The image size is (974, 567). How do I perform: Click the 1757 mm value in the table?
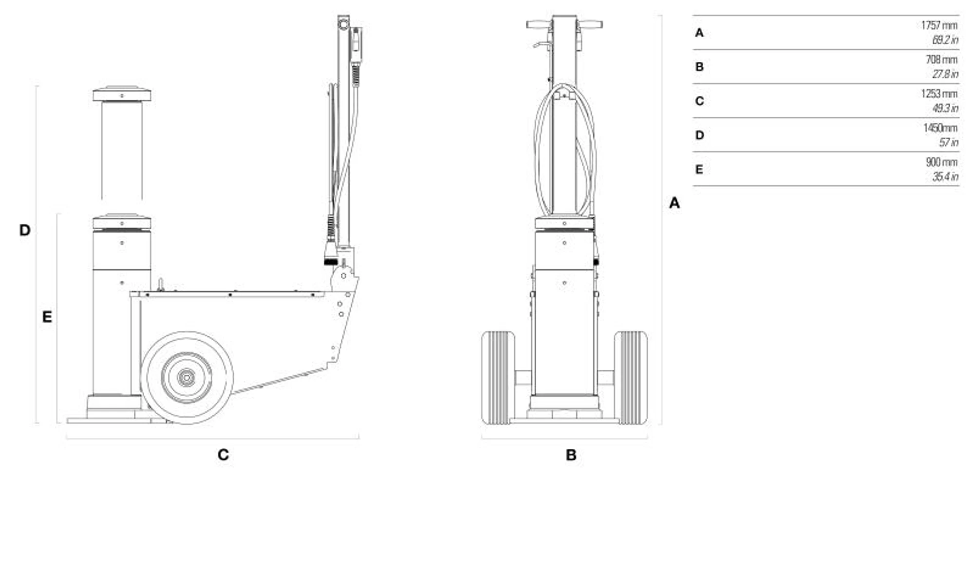938,25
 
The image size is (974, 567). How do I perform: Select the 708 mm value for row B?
941,60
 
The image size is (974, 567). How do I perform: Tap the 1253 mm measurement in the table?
938,94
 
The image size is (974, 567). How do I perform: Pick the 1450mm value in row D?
940,128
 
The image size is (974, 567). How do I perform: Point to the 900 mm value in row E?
941,162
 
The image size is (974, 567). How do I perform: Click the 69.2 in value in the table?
945,40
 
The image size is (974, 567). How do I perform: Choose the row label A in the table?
699,33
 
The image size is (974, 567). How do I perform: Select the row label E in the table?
699,170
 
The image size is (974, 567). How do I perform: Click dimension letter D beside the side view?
25,230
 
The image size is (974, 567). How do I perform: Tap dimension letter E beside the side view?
47,317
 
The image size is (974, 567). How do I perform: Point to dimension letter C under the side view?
223,455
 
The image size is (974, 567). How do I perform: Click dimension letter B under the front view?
571,455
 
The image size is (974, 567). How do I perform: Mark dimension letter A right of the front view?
674,203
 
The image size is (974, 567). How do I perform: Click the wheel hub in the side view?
187,378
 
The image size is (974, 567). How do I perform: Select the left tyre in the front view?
498,378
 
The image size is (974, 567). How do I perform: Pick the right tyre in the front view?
631,378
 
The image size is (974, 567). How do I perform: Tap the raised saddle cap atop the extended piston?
122,94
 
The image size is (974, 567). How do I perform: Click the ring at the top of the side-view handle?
344,23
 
